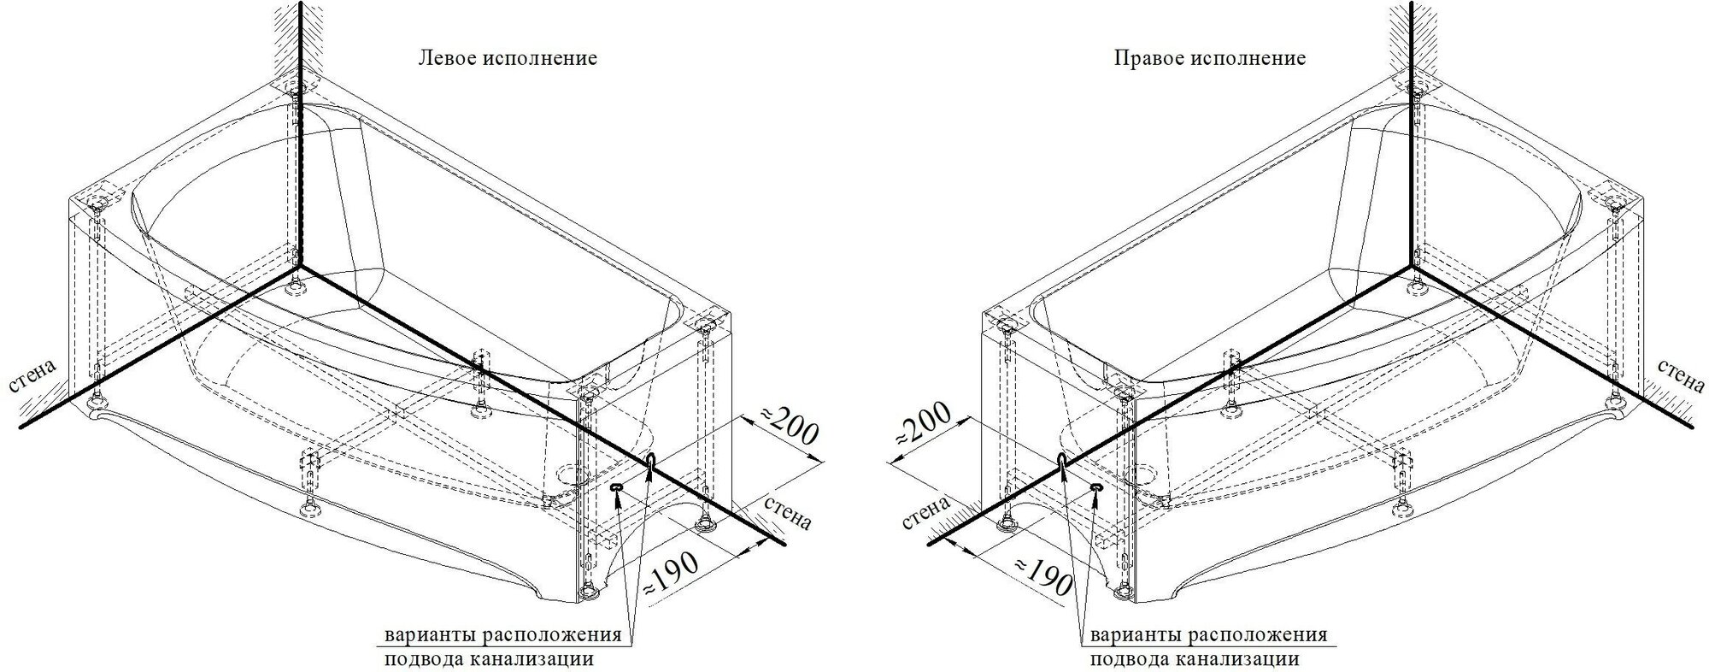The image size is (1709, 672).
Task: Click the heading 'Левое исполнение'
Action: [x=507, y=59]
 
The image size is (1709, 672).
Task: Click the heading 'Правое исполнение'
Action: [x=1209, y=59]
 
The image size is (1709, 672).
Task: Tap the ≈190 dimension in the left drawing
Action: [x=671, y=572]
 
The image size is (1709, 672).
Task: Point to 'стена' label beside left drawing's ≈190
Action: [x=787, y=511]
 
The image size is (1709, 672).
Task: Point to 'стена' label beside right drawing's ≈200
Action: [x=927, y=514]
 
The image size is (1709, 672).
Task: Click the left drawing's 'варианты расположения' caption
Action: [x=502, y=636]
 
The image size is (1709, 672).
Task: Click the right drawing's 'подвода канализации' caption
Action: [x=1194, y=659]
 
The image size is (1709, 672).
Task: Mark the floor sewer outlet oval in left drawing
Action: [x=617, y=487]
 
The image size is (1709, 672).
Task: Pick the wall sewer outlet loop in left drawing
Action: [x=651, y=463]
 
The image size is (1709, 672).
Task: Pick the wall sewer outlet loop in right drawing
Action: [x=1061, y=463]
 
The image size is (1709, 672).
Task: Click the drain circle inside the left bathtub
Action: [x=567, y=472]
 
